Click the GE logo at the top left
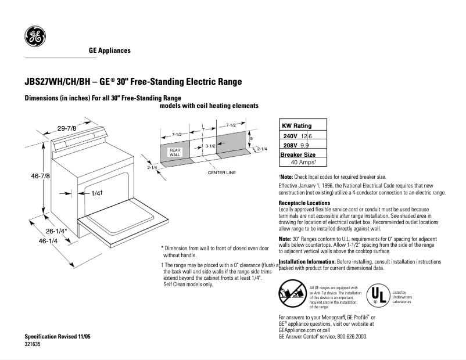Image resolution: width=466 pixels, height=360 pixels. pos(34,37)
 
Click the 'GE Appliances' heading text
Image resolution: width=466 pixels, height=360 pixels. pos(109,51)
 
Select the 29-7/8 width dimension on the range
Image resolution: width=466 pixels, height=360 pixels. pos(66,128)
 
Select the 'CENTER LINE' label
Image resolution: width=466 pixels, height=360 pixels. pos(221,173)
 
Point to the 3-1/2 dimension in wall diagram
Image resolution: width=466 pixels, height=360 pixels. pos(210,147)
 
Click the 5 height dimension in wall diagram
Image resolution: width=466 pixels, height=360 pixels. pos(251,139)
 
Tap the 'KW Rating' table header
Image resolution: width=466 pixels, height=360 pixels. pos(296,125)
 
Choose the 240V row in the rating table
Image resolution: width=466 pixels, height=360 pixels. pos(303,135)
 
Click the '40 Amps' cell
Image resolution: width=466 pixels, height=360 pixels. pos(303,163)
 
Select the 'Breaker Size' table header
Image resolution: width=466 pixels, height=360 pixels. pos(298,154)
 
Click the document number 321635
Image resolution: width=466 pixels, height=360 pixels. pos(33,344)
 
